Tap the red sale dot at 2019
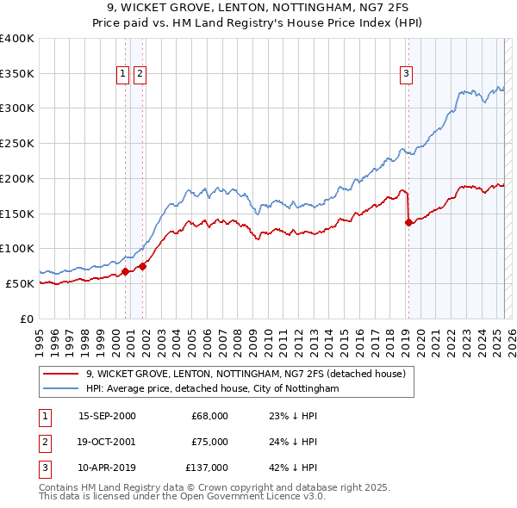pos(408,223)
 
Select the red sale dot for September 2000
pos(125,271)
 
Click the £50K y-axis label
pos(21,283)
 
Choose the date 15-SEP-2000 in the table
pos(107,416)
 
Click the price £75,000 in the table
pos(210,442)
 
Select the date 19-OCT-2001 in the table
pos(107,442)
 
